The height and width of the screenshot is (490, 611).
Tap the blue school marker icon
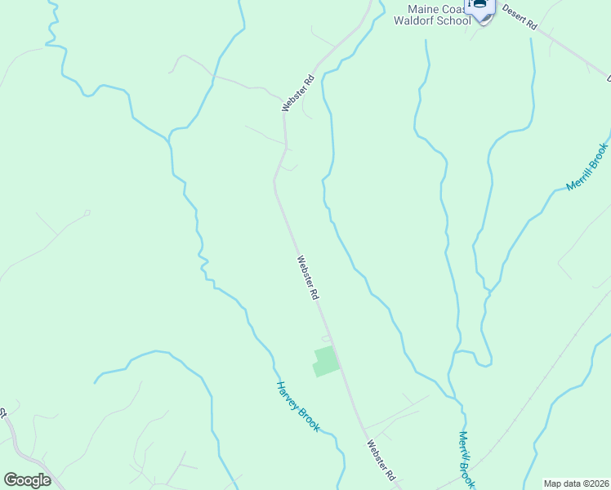[x=480, y=7]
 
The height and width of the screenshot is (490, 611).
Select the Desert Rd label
[x=519, y=18]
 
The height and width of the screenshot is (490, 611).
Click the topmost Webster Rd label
[x=298, y=93]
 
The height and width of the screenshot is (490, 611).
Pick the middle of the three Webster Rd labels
[x=307, y=278]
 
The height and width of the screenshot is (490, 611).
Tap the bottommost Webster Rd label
[x=381, y=461]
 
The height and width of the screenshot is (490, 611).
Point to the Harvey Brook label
[x=297, y=407]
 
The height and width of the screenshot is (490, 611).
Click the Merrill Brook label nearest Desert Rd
[x=587, y=167]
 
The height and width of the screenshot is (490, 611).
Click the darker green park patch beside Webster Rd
[x=325, y=361]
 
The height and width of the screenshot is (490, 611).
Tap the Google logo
[x=27, y=480]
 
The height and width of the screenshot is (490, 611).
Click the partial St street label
[x=3, y=413]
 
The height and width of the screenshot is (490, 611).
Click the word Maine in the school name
[x=422, y=9]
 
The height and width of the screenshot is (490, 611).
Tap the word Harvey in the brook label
[x=287, y=394]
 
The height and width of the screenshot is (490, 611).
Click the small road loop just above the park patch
[x=327, y=338]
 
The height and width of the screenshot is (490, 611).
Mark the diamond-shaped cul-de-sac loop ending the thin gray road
[x=87, y=213]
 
